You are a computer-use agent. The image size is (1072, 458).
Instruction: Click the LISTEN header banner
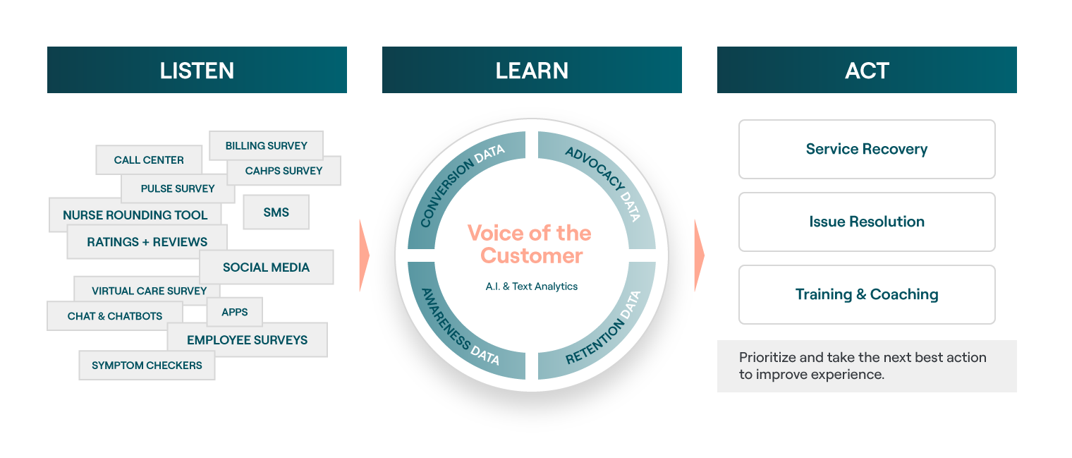click(197, 70)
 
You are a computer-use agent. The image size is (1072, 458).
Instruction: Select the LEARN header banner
click(532, 70)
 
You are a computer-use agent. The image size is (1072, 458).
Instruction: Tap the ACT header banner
click(867, 70)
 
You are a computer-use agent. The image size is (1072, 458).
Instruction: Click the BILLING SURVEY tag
click(266, 145)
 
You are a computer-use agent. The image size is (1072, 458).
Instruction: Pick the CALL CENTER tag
click(148, 160)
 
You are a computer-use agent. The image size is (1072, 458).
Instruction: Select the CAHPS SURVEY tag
click(284, 171)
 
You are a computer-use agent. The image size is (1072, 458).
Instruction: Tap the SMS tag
click(276, 212)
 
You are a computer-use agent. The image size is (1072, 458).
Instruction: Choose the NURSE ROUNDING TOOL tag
click(135, 215)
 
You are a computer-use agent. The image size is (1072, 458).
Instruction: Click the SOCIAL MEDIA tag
click(266, 267)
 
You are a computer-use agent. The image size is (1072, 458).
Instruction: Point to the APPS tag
click(235, 312)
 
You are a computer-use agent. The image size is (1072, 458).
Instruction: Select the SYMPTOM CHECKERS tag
click(147, 366)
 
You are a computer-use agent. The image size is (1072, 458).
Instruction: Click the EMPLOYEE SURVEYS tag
click(247, 340)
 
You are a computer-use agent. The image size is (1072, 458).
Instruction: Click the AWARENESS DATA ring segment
click(459, 327)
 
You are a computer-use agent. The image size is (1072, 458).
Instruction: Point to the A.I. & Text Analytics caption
click(532, 287)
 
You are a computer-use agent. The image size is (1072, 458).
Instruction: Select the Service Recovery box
click(867, 149)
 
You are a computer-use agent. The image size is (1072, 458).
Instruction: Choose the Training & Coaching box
click(867, 294)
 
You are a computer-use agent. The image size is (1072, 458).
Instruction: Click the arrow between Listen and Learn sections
click(364, 255)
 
